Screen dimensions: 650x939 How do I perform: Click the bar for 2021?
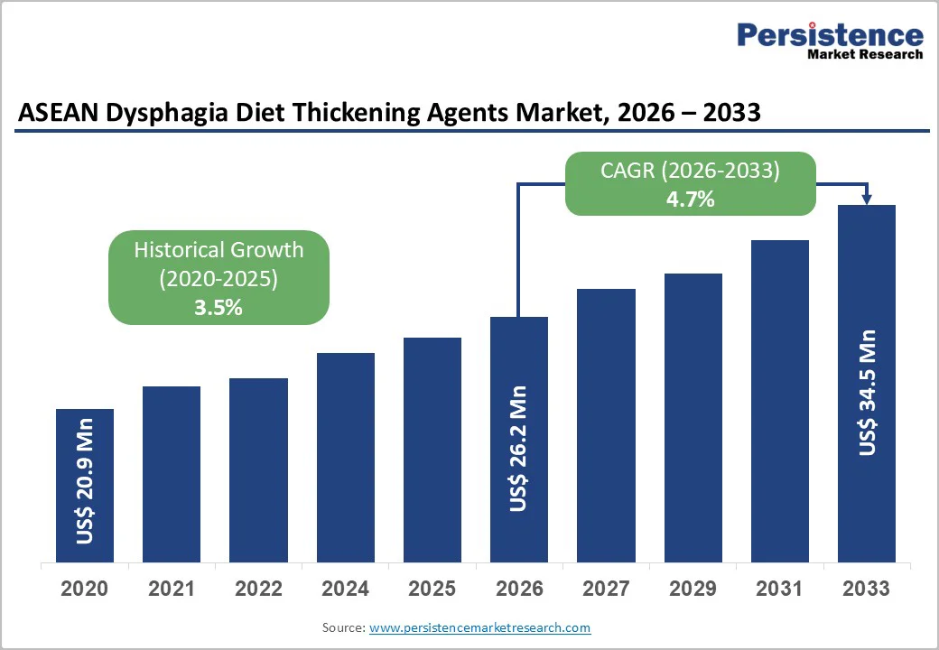(x=172, y=474)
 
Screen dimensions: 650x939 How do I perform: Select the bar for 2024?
(x=345, y=458)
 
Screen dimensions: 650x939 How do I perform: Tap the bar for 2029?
(x=693, y=418)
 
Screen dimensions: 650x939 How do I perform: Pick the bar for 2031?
(x=780, y=401)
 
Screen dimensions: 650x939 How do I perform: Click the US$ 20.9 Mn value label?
(x=85, y=486)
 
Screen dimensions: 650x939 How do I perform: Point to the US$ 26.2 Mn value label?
(x=518, y=449)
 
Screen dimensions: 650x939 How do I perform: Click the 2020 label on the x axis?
(x=85, y=589)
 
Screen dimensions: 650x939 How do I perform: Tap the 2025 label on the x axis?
(x=432, y=589)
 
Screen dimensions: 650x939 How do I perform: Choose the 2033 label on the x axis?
(x=867, y=589)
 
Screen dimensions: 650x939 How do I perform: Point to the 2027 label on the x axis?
(x=606, y=589)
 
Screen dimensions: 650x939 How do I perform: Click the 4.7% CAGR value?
(x=691, y=200)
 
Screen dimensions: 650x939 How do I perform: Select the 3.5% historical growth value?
(x=218, y=307)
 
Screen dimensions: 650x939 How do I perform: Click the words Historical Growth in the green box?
(x=218, y=250)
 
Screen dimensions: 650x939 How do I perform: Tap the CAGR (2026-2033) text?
(x=691, y=171)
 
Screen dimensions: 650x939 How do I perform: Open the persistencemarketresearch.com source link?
(x=479, y=627)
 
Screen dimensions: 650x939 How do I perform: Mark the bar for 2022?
(x=258, y=469)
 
